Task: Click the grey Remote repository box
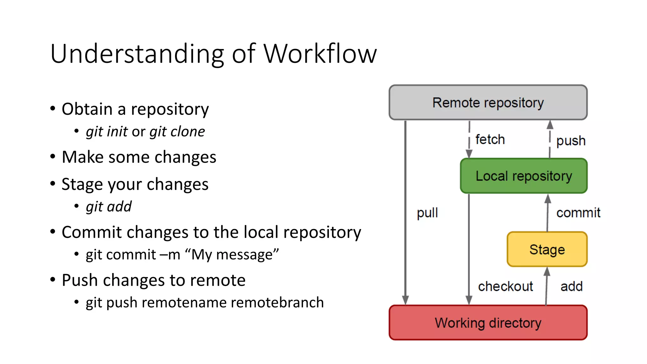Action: click(x=488, y=102)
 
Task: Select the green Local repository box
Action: click(x=523, y=176)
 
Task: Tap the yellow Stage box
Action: click(x=547, y=249)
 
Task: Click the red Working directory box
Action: click(x=488, y=323)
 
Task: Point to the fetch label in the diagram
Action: click(x=490, y=139)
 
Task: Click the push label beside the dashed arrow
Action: click(x=571, y=141)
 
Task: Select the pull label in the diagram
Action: click(x=427, y=213)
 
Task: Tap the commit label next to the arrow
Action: click(x=578, y=213)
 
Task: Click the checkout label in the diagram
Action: click(x=505, y=286)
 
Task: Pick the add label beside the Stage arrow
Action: click(x=571, y=286)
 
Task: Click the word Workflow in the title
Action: click(x=320, y=53)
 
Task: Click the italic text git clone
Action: click(x=177, y=131)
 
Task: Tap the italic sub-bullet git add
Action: click(x=109, y=207)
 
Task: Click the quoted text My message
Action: click(x=232, y=255)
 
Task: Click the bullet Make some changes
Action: click(x=139, y=157)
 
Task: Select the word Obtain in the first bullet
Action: click(x=87, y=109)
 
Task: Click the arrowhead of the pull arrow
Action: click(x=405, y=300)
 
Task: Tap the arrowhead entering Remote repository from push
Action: click(x=550, y=124)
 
